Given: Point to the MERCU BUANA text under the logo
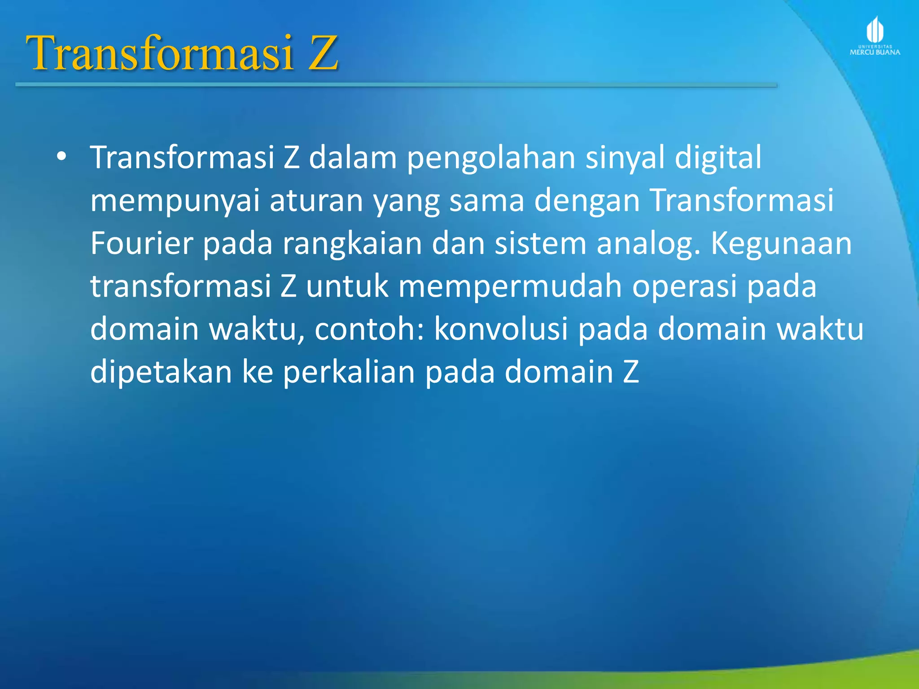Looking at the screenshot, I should click(875, 52).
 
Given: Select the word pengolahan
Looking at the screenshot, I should click(491, 158).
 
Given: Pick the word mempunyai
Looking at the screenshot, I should click(175, 201).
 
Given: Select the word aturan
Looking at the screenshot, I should click(316, 200).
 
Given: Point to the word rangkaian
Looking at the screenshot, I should click(352, 244).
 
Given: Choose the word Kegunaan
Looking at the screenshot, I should click(781, 244).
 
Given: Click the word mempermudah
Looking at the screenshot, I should click(510, 287).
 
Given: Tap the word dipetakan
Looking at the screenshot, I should click(161, 372).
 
